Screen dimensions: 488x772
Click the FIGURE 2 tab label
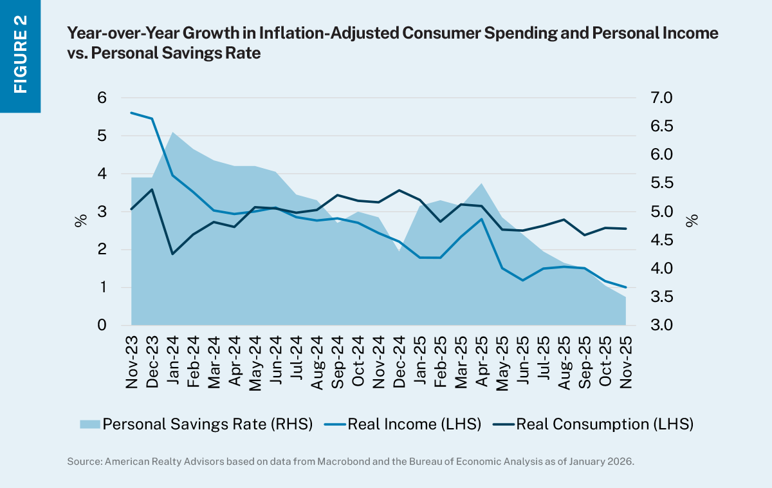[x=20, y=56]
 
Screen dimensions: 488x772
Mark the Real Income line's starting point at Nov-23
[x=132, y=113]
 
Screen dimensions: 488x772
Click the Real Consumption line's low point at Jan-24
[x=172, y=254]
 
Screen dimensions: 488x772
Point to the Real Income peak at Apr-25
[x=482, y=219]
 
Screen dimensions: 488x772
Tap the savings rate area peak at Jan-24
[x=172, y=132]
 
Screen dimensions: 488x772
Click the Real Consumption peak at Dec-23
[x=152, y=189]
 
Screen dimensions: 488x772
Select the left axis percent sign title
[x=80, y=221]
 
